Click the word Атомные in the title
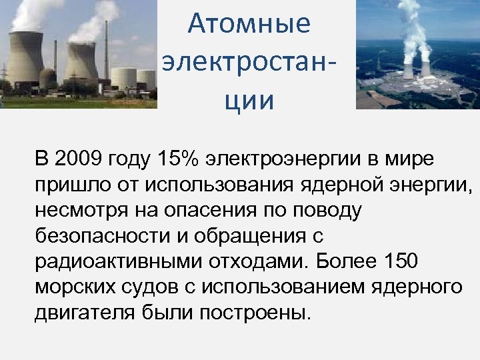249,24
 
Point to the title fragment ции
249,101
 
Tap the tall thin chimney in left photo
107,53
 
